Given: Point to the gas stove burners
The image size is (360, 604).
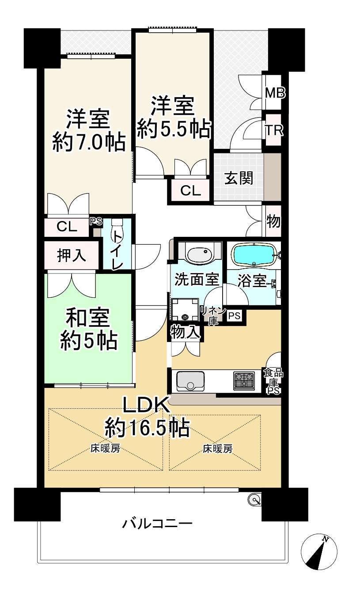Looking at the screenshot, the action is tap(244, 381).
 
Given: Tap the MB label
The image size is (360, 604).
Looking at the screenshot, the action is tap(275, 93).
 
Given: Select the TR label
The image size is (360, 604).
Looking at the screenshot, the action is tap(274, 130).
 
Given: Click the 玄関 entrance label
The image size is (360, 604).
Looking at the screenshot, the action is tap(239, 178).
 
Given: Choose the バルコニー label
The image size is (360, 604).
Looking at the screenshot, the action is tap(158, 524).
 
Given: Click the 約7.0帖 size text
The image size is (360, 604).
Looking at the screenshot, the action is tap(89, 143).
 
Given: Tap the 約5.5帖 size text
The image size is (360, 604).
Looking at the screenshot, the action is tap(174, 129).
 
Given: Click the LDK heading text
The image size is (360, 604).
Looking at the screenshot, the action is tap(147, 405).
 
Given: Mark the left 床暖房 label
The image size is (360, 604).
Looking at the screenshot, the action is tap(105, 449).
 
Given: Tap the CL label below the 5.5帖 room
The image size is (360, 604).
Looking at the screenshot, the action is tap(191, 190).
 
